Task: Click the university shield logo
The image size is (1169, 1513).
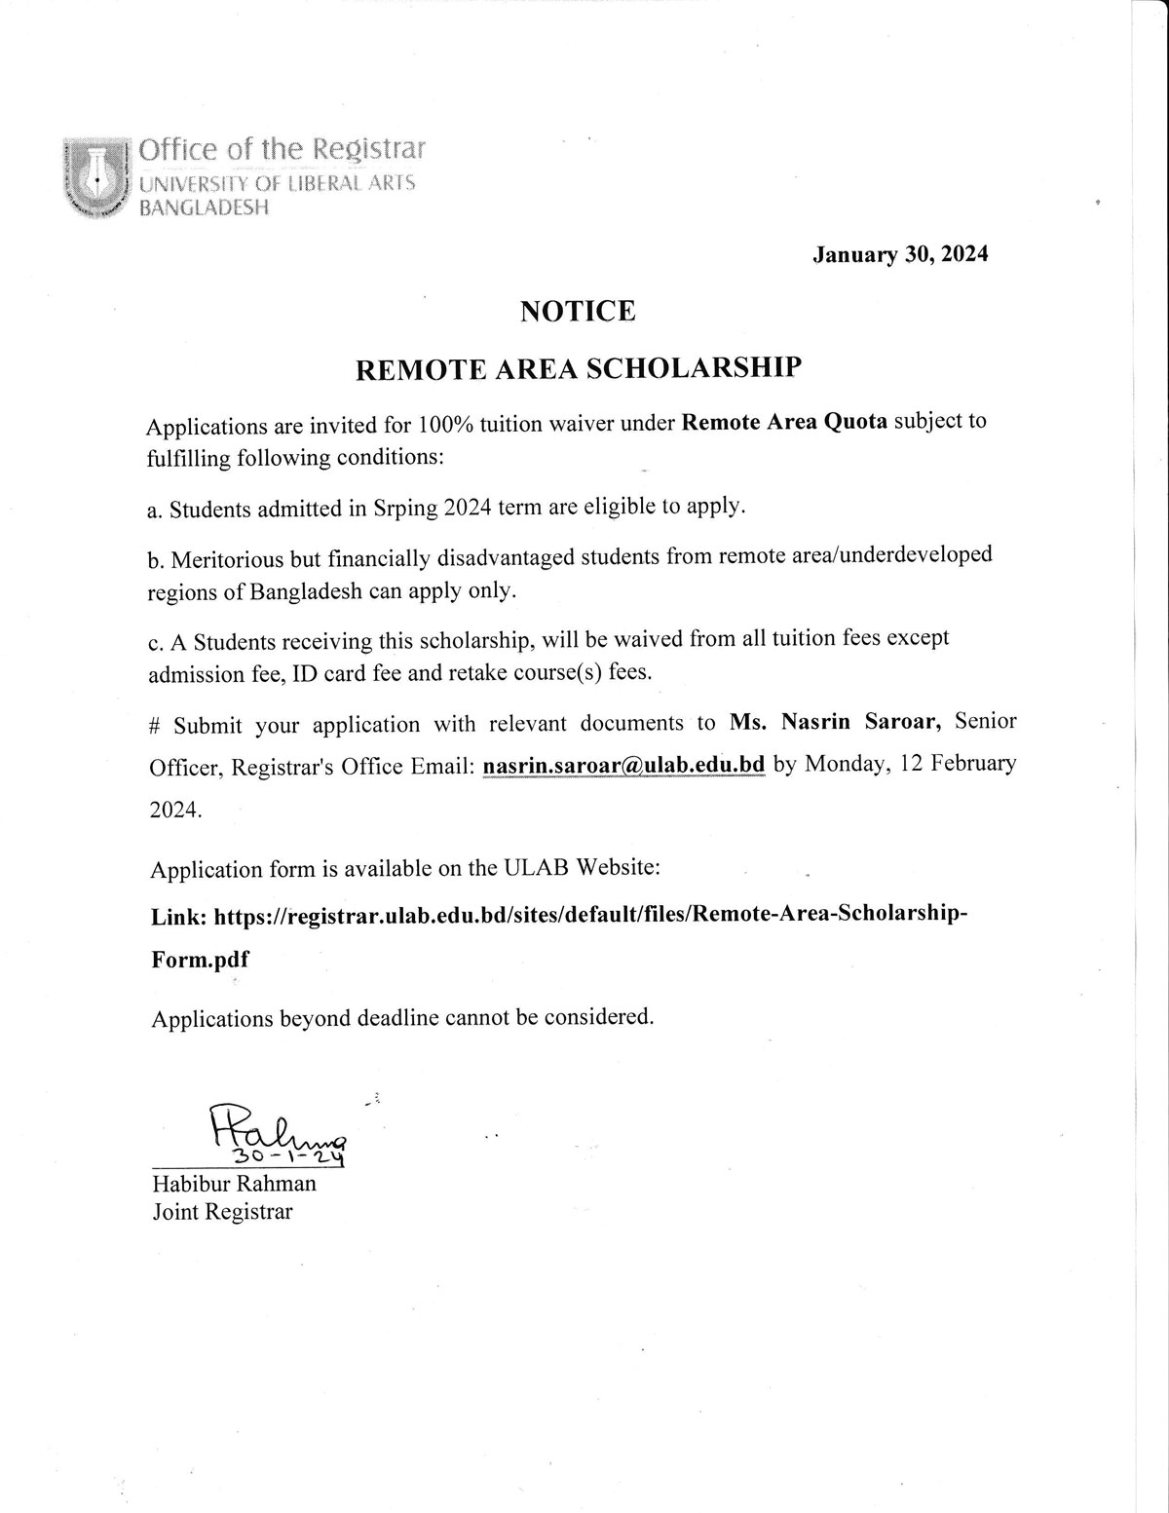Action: [95, 176]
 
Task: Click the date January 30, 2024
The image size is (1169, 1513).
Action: [900, 254]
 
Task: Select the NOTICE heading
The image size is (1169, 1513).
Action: [578, 311]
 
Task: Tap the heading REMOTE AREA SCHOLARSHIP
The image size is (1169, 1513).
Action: [578, 367]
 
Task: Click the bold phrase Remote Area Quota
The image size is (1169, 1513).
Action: [784, 423]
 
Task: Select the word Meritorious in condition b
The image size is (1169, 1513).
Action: [228, 558]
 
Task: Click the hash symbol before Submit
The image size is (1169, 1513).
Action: [155, 727]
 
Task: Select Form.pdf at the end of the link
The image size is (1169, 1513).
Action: [200, 959]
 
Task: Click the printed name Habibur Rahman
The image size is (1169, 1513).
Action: [234, 1184]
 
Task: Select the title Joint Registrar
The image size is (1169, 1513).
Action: [221, 1212]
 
